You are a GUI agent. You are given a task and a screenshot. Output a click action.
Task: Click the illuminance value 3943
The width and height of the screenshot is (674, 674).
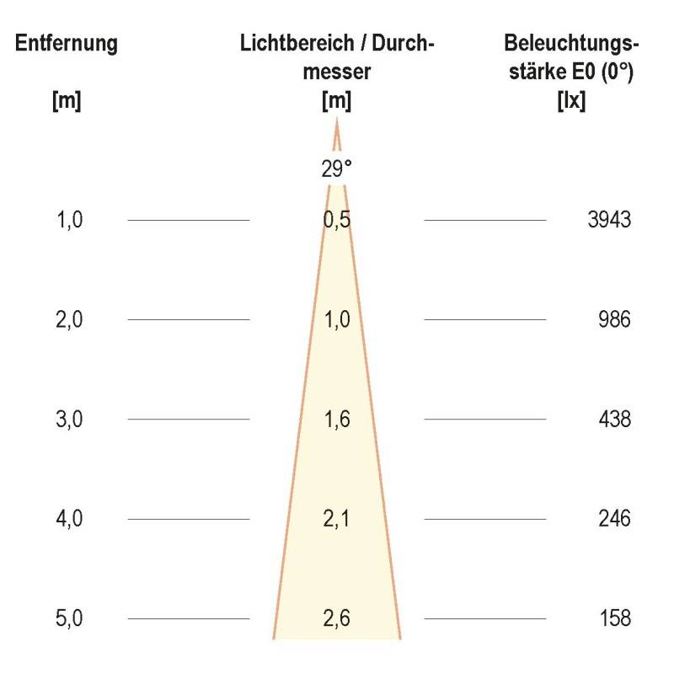click(609, 221)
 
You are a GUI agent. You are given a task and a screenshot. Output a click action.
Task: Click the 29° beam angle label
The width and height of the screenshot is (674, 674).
click(336, 169)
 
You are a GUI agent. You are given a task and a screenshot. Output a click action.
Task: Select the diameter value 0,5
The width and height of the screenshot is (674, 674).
click(336, 221)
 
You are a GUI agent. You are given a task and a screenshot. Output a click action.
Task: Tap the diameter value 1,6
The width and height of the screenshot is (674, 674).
click(336, 419)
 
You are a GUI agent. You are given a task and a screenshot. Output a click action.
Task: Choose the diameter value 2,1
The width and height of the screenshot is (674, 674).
click(336, 518)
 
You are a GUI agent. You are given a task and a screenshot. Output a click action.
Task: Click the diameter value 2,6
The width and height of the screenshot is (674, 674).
click(336, 618)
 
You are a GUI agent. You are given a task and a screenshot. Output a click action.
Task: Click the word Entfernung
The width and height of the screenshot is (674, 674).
click(67, 44)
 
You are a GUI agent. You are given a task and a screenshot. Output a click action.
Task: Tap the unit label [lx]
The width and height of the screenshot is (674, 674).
click(572, 102)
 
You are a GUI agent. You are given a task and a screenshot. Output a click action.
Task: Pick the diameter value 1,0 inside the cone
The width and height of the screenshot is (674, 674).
click(336, 320)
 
